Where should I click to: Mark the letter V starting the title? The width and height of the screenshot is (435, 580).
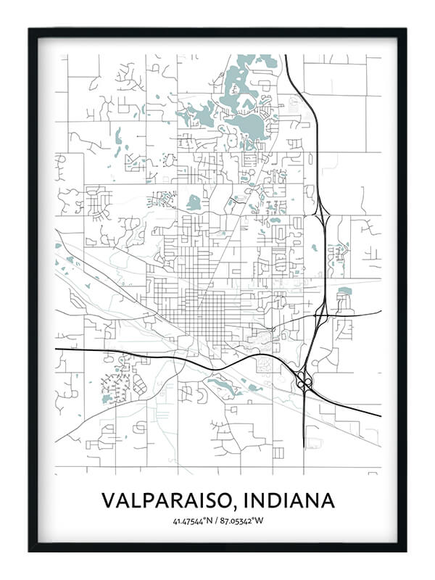[107, 500]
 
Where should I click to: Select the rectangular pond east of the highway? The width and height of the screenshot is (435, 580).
[344, 291]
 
